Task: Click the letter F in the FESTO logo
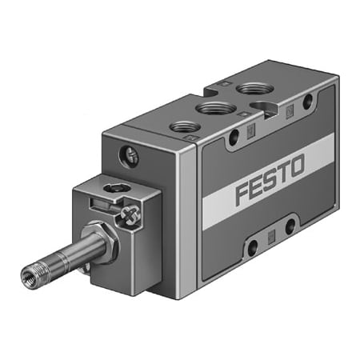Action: [x=243, y=193]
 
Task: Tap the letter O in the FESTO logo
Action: [x=294, y=166]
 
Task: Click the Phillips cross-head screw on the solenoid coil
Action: [x=130, y=214]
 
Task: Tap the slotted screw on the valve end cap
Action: [x=129, y=156]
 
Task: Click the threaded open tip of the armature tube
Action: [x=30, y=274]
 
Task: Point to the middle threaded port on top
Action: [x=216, y=108]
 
